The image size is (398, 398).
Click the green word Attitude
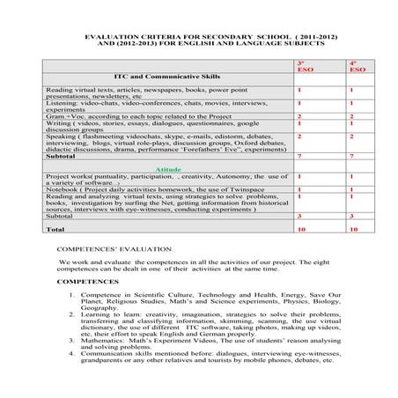click(x=169, y=169)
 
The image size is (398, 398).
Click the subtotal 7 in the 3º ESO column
click(x=300, y=156)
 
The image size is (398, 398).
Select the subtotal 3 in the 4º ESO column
click(x=352, y=216)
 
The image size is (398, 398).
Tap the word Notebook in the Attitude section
click(x=63, y=189)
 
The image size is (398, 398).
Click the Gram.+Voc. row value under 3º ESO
click(x=300, y=116)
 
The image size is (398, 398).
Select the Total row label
click(x=55, y=229)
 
